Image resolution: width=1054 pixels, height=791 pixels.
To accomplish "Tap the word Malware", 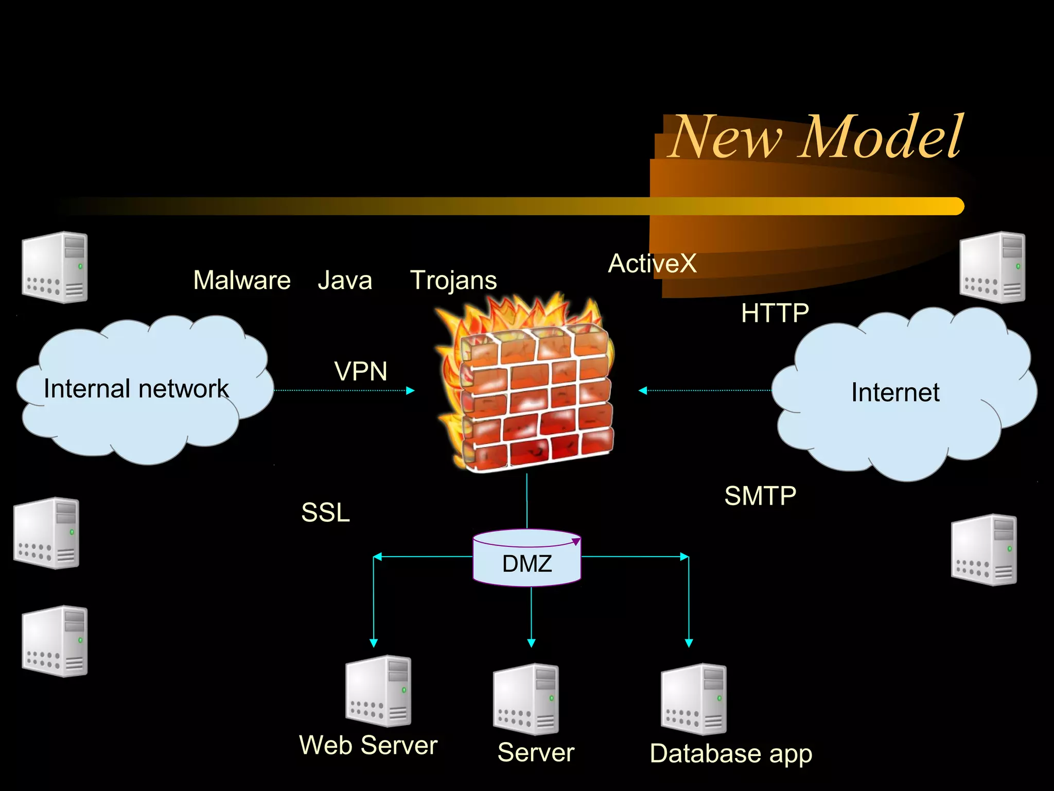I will pyautogui.click(x=242, y=281).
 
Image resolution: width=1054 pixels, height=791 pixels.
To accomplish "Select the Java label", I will pyautogui.click(x=344, y=281).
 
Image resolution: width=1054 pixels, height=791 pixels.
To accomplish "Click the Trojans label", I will pyautogui.click(x=453, y=281).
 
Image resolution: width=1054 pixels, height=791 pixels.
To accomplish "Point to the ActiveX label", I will pyautogui.click(x=652, y=264).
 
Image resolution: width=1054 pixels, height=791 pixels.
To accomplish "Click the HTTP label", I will pyautogui.click(x=775, y=313).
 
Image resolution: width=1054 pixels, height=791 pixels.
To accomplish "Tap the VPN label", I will pyautogui.click(x=360, y=371).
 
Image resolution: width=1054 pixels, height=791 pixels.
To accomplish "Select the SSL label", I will pyautogui.click(x=325, y=512).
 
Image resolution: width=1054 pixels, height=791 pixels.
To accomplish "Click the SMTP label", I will pyautogui.click(x=760, y=496).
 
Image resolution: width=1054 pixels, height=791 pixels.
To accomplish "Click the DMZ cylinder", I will pyautogui.click(x=527, y=559).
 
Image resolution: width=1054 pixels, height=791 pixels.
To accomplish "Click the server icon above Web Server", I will pyautogui.click(x=378, y=691).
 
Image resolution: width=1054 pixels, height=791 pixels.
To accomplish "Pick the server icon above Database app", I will pyautogui.click(x=694, y=699).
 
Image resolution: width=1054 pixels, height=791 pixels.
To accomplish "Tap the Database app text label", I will pyautogui.click(x=731, y=754).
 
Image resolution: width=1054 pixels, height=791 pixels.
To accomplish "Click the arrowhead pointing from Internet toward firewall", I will pyautogui.click(x=643, y=390).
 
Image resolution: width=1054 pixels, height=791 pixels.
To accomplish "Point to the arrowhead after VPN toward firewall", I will pyautogui.click(x=410, y=390).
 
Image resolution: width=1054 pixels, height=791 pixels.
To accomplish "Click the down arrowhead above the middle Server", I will pyautogui.click(x=531, y=643).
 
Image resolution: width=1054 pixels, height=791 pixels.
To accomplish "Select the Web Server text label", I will pyautogui.click(x=368, y=746).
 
